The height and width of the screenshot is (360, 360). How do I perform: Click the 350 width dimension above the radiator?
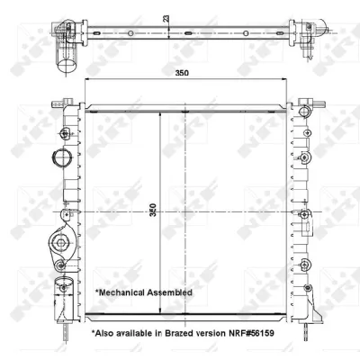[x=182, y=73]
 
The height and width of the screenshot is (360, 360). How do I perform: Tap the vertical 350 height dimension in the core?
[x=153, y=210]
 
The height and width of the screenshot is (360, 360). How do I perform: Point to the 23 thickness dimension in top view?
[x=166, y=18]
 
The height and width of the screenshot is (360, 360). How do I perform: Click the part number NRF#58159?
[x=252, y=333]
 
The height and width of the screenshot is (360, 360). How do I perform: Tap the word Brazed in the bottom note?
[x=179, y=333]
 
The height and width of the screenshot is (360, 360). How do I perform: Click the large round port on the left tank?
[x=61, y=157]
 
